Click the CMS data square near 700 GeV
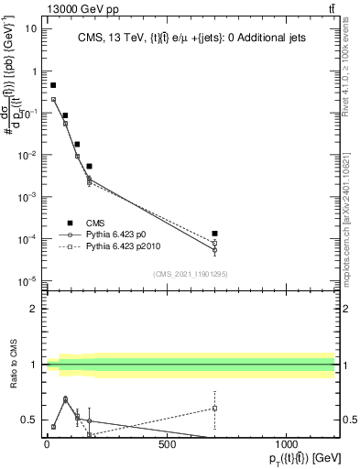point(214,234)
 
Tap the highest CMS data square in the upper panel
point(53,84)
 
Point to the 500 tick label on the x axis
point(167,445)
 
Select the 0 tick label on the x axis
point(47,445)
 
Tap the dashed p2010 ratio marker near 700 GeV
point(214,408)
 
